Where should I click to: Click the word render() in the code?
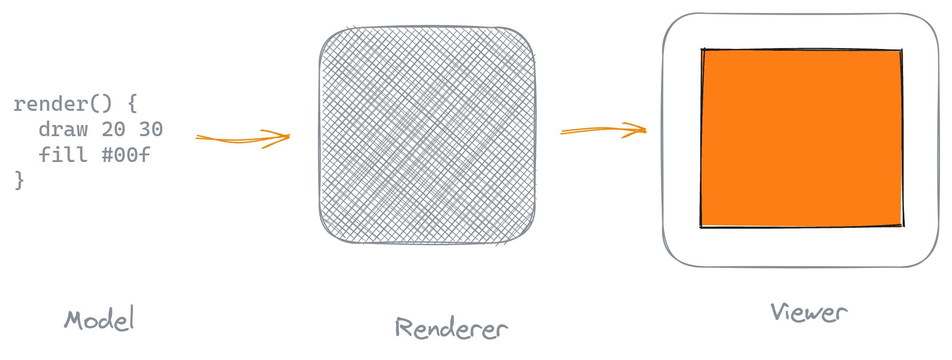(62, 104)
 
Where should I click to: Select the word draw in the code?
(63, 129)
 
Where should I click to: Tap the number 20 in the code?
(113, 129)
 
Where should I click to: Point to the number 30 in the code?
(151, 129)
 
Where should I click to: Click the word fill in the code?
(63, 155)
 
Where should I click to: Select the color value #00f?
(126, 155)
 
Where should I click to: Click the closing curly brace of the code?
(19, 180)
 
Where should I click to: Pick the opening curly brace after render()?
(132, 104)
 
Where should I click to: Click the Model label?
(99, 319)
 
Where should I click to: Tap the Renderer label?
(451, 328)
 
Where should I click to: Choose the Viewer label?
(809, 312)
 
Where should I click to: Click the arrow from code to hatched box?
(242, 139)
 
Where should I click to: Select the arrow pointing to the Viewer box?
(603, 130)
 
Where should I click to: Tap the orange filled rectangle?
(802, 138)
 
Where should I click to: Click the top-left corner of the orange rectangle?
(702, 50)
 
